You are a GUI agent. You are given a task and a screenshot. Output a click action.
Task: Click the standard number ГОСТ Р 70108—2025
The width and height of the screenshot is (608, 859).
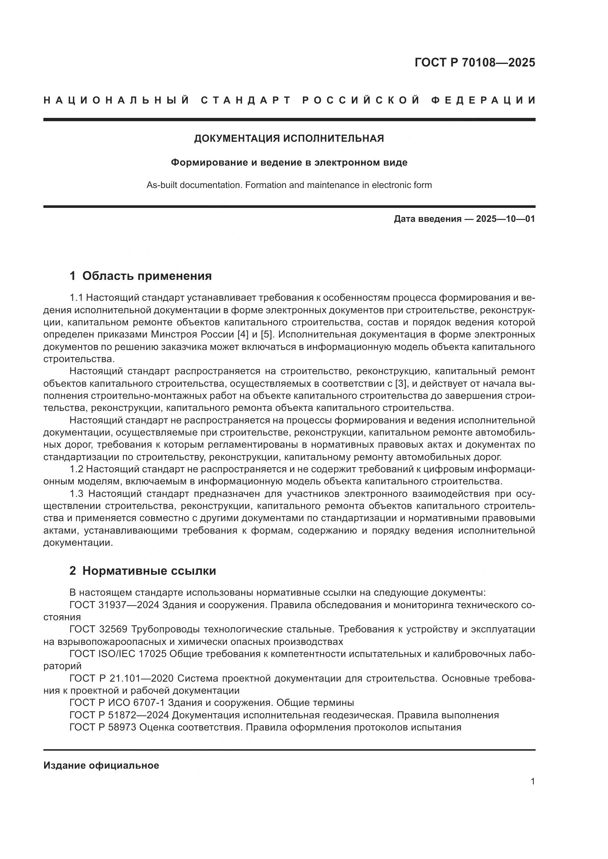(475, 62)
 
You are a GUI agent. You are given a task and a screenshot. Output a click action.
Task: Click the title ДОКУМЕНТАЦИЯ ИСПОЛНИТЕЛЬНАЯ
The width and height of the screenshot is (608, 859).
(289, 138)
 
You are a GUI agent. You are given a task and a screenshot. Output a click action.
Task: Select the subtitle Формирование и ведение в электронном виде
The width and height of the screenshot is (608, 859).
(289, 163)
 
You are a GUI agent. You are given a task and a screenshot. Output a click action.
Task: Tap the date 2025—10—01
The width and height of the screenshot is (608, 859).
(505, 219)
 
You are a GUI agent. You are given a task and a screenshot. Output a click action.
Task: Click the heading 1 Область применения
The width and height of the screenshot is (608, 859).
(140, 276)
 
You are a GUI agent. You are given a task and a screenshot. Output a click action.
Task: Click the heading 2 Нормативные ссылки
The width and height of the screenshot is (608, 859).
(143, 571)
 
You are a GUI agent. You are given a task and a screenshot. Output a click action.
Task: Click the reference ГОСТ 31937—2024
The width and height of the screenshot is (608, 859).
(114, 605)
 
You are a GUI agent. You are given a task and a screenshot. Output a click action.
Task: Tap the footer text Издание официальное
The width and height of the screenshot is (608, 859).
(101, 765)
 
